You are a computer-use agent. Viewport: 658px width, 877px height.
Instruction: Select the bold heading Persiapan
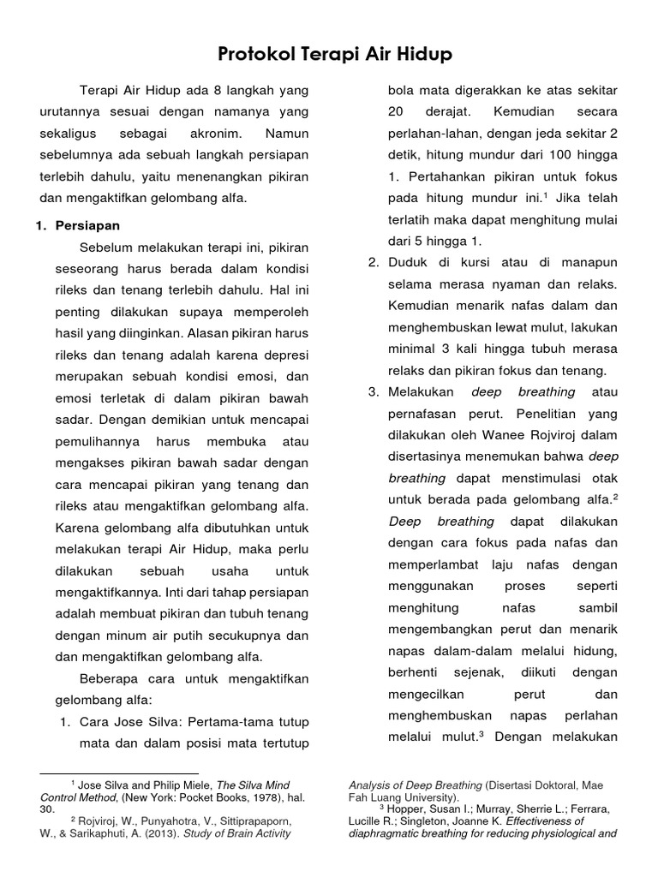point(87,225)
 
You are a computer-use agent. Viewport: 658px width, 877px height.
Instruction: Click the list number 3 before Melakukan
point(373,392)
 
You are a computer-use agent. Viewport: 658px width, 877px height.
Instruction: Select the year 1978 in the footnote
point(248,796)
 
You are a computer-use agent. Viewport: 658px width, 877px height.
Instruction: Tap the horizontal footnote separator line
point(119,773)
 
